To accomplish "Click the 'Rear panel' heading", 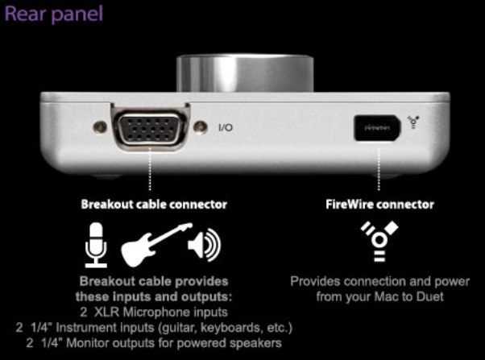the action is click(53, 14).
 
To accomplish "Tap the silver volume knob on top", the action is click(245, 73).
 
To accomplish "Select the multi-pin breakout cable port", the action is click(151, 129).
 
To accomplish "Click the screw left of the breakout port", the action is click(100, 126).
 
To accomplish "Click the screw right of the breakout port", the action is click(200, 126).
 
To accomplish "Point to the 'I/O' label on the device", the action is click(226, 127).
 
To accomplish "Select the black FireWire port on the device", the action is click(377, 128).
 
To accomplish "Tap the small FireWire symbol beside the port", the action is click(413, 122).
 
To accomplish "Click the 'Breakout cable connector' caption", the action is click(154, 205).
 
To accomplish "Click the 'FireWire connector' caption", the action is click(379, 205).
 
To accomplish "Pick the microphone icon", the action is click(96, 245).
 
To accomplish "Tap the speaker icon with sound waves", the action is click(204, 244).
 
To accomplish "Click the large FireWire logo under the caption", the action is click(379, 241).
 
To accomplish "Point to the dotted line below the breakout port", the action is click(150, 169).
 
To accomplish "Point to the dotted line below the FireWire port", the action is click(379, 169).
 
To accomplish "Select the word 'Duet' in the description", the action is click(429, 296).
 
